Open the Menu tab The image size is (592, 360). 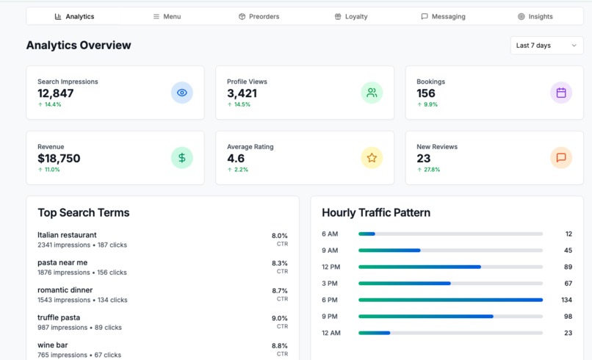pyautogui.click(x=167, y=16)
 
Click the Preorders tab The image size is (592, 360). pyautogui.click(x=259, y=16)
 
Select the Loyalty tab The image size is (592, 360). pyautogui.click(x=350, y=16)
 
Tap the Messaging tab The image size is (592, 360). pyautogui.click(x=443, y=16)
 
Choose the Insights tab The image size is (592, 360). pyautogui.click(x=535, y=16)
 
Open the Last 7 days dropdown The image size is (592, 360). pyautogui.click(x=546, y=46)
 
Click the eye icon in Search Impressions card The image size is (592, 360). pyautogui.click(x=182, y=93)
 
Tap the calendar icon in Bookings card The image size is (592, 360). pyautogui.click(x=561, y=93)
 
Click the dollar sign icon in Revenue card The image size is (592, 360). pyautogui.click(x=182, y=157)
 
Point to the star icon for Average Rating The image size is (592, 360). pyautogui.click(x=372, y=157)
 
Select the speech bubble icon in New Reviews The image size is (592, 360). pyautogui.click(x=561, y=157)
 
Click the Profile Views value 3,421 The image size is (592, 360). pyautogui.click(x=242, y=93)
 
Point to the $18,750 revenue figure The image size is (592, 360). pyautogui.click(x=59, y=158)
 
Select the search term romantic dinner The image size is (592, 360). pyautogui.click(x=65, y=290)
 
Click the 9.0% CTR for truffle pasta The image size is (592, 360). pyautogui.click(x=279, y=318)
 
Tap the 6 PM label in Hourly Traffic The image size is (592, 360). pyautogui.click(x=330, y=300)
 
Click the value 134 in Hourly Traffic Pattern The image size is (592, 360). pyautogui.click(x=566, y=300)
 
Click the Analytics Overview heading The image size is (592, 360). pyautogui.click(x=79, y=46)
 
